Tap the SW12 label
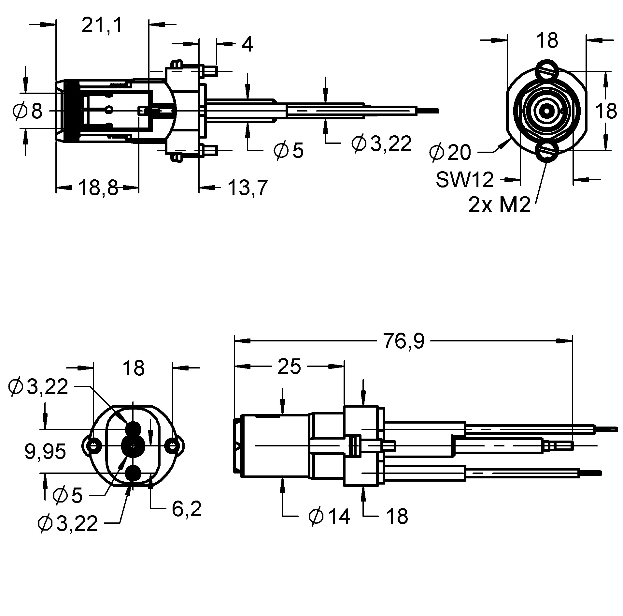click(x=465, y=180)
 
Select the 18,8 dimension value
click(x=98, y=188)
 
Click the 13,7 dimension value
click(x=248, y=188)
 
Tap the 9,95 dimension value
click(x=45, y=452)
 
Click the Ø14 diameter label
click(x=330, y=517)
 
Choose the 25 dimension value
click(x=290, y=367)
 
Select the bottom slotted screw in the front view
click(x=547, y=152)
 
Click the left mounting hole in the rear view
click(x=93, y=445)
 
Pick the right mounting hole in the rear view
click(x=172, y=445)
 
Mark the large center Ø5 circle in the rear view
click(x=133, y=445)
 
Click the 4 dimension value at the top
click(x=247, y=45)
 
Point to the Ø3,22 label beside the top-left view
click(x=382, y=143)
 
